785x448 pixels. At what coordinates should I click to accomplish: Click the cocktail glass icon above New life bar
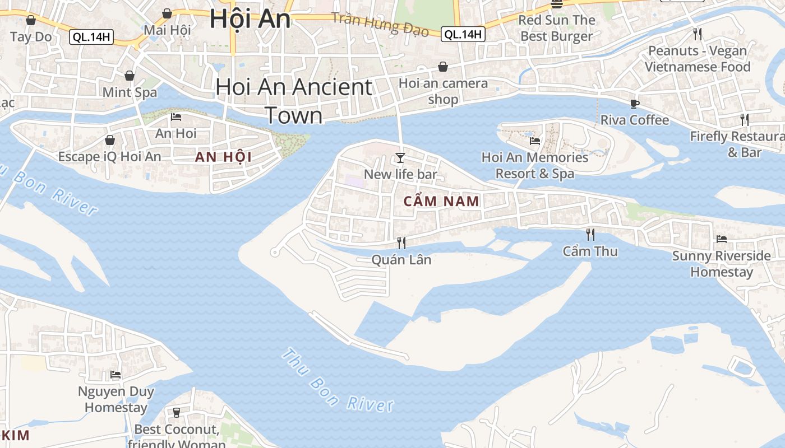tap(400, 157)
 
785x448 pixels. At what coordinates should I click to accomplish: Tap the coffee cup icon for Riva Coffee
tap(634, 104)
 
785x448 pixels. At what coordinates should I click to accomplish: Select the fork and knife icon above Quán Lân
tap(401, 242)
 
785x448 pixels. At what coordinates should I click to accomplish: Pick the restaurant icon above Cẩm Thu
tap(590, 234)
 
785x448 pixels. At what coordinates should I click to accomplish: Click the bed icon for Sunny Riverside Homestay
tap(722, 239)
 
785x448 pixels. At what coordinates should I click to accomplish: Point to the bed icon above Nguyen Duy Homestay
tap(116, 374)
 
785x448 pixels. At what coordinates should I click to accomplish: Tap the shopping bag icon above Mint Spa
tap(130, 75)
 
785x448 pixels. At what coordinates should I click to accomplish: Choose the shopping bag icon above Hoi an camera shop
tap(443, 67)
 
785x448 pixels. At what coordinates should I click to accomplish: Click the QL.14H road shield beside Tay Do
tap(91, 38)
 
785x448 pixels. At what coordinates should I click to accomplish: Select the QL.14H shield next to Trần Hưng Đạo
tap(463, 34)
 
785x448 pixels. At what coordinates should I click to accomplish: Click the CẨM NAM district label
tap(442, 202)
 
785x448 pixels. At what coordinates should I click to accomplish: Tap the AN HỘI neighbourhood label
tap(223, 157)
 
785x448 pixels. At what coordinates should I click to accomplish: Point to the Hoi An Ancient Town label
tap(294, 101)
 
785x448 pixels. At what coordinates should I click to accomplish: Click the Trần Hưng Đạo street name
tap(380, 24)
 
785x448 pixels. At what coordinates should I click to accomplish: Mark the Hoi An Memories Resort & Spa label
tap(534, 165)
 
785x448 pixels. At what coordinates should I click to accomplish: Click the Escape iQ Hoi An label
tap(109, 156)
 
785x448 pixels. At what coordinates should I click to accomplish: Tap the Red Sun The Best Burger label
tap(556, 28)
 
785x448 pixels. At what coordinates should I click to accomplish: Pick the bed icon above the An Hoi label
tap(176, 117)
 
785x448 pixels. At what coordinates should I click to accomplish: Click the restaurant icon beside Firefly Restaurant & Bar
tap(744, 119)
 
